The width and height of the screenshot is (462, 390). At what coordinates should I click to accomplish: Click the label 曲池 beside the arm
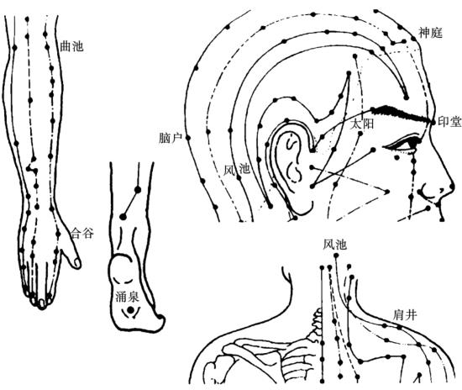point(71,46)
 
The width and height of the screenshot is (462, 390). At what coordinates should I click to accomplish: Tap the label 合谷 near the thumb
point(82,233)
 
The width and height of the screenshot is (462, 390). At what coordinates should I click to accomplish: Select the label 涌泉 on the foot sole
point(127,297)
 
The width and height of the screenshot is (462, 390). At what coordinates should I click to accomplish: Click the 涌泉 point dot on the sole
point(130,309)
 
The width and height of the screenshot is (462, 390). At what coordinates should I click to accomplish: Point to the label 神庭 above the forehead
point(431,33)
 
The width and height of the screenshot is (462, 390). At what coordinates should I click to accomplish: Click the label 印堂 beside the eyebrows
point(449,121)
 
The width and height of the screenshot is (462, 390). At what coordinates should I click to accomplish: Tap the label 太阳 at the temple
point(362,124)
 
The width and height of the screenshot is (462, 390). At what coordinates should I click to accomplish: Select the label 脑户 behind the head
point(170,138)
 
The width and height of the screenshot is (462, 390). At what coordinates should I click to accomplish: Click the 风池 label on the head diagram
point(237,170)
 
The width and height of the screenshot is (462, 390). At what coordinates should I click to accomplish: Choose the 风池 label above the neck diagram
point(334,245)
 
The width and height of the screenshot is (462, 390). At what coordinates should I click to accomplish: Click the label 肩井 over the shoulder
point(405,315)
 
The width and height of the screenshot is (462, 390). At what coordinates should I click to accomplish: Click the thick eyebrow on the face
point(402,114)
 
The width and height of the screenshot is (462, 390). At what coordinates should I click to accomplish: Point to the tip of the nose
point(453,187)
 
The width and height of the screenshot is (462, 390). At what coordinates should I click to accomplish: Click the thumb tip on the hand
point(77,263)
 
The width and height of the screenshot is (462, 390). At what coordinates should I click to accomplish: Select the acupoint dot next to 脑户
point(188,138)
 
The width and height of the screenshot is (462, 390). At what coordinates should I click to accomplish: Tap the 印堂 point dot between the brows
point(433,122)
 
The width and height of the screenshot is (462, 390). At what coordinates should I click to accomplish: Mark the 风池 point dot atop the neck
point(337,256)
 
